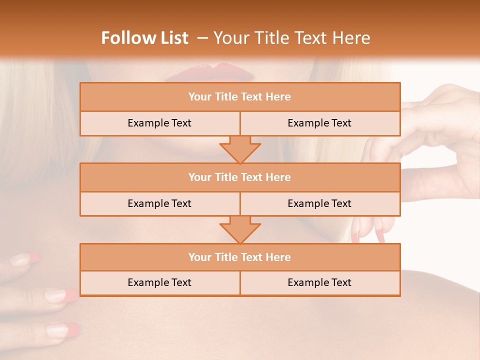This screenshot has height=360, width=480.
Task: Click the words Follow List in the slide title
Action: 144,38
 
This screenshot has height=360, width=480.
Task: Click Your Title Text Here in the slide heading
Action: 291,38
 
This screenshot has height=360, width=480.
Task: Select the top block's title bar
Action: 240,97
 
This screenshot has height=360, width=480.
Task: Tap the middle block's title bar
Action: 240,177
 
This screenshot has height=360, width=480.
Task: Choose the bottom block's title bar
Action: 240,257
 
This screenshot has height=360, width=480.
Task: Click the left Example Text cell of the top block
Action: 159,123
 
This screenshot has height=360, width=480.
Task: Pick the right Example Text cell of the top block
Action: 319,123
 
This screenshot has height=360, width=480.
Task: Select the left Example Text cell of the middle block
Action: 159,203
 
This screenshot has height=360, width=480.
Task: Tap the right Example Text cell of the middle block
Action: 319,203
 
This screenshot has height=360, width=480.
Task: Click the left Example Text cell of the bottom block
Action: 159,282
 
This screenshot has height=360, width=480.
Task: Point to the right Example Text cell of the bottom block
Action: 319,282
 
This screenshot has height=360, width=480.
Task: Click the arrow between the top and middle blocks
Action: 240,149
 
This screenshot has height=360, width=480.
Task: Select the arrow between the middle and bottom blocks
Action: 240,229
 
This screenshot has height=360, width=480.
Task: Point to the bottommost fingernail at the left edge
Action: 62,329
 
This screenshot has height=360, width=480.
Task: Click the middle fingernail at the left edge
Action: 60,295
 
